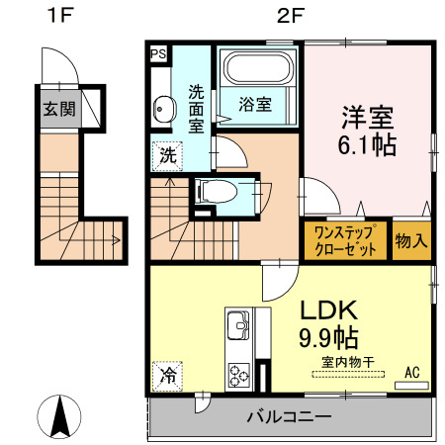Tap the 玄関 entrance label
click(57, 109)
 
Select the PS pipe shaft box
click(158, 54)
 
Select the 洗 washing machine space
click(167, 154)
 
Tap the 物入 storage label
click(412, 241)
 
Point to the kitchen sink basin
click(240, 327)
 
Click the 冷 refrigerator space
click(167, 376)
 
